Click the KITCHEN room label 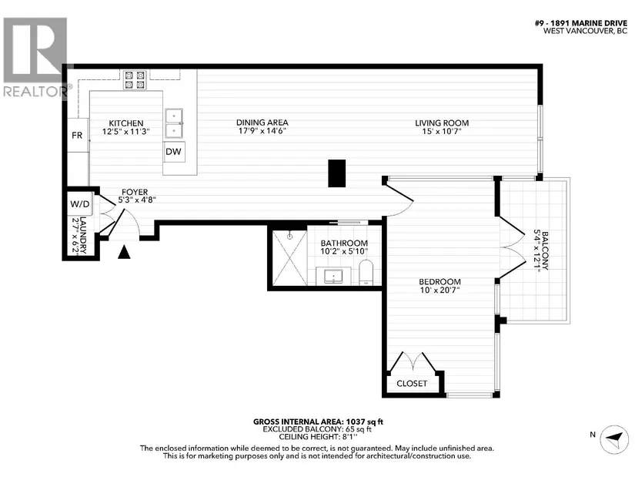(126, 123)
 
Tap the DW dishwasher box (174, 152)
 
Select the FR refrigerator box (77, 135)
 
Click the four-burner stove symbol (135, 80)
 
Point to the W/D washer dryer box (80, 203)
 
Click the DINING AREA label (262, 123)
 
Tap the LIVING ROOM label (442, 123)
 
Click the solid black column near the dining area (336, 173)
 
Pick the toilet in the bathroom (366, 273)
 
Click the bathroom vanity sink (333, 277)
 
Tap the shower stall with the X (290, 257)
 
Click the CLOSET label (412, 383)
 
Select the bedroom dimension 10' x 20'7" (439, 290)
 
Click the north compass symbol (614, 439)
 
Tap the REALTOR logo (35, 57)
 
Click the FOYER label (135, 192)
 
